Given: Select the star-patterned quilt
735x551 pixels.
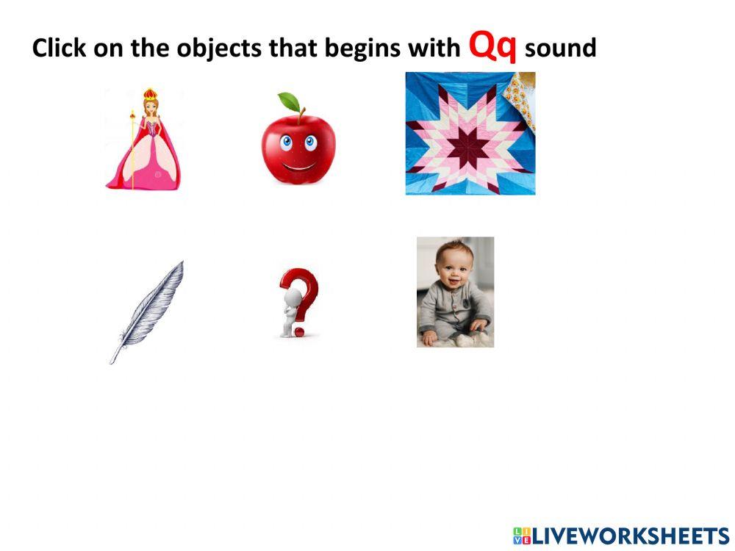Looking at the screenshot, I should click(x=470, y=134).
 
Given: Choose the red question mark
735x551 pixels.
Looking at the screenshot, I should click(x=303, y=298).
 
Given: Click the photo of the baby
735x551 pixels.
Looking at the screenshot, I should click(x=455, y=292).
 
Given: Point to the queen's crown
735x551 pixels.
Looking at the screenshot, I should click(x=150, y=94).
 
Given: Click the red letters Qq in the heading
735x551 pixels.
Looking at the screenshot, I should click(x=493, y=46).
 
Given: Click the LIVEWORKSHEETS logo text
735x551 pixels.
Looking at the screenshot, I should click(x=629, y=536).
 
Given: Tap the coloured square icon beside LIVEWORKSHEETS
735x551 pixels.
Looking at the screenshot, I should click(x=521, y=536).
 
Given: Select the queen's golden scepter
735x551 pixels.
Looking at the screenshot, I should click(x=133, y=147).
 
